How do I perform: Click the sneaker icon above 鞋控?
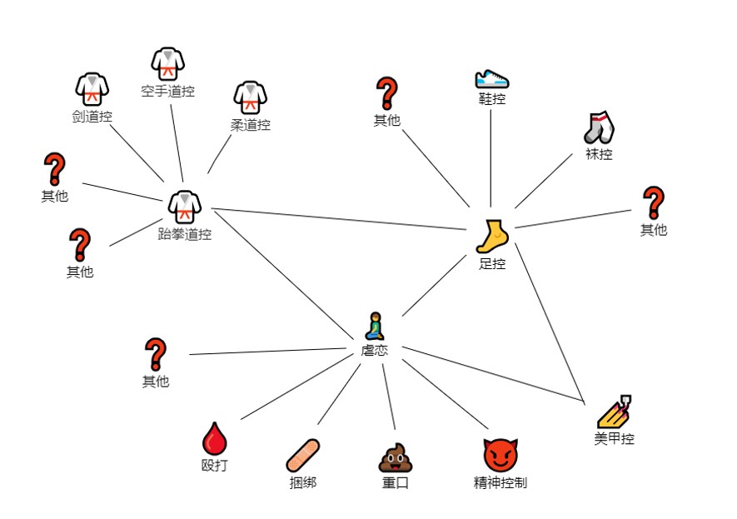pos(491,78)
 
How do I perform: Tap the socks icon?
pos(598,127)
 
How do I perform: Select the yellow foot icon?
pos(492,237)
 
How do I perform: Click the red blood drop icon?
pos(214,438)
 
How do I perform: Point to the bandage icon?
pos(302,455)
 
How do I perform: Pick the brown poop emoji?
pos(396,457)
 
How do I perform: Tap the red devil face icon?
pos(500,455)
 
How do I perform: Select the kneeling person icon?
pos(375,327)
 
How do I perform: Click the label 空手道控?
pos(167,92)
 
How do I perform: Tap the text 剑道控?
pos(92,117)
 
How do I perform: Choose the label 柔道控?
pos(250,125)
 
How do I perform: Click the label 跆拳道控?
pos(184,234)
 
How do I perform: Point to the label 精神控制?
pos(500,482)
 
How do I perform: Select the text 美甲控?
pos(614,439)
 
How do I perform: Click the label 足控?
pos(492,264)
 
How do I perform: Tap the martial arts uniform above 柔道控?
pos(250,97)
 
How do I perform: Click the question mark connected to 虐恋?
pos(155,354)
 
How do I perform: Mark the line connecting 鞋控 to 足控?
pos(491,158)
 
